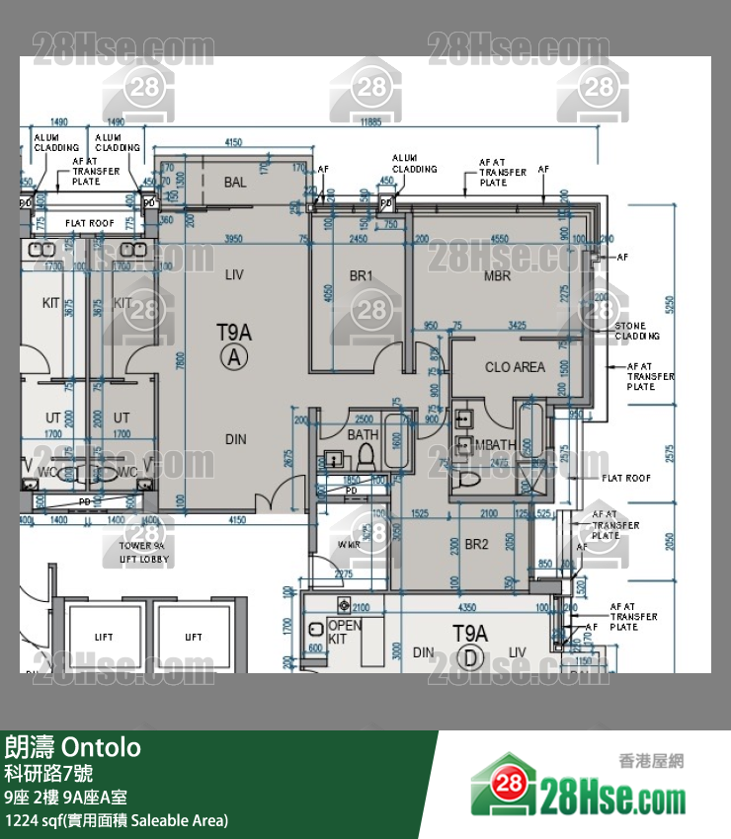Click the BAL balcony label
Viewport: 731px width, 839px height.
pyautogui.click(x=235, y=183)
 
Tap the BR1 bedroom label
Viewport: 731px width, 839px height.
pyautogui.click(x=361, y=276)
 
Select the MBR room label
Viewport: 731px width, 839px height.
pyautogui.click(x=497, y=276)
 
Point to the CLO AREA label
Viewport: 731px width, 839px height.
pyautogui.click(x=515, y=367)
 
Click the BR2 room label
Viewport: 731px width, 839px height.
pyautogui.click(x=477, y=545)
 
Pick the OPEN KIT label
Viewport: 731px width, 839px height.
pyautogui.click(x=344, y=632)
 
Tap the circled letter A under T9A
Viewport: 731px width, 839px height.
pyautogui.click(x=234, y=358)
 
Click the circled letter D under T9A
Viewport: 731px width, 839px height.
pyautogui.click(x=470, y=657)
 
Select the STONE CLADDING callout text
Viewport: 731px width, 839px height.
pyautogui.click(x=630, y=331)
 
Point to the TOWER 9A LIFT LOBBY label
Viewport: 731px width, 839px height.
pyautogui.click(x=143, y=552)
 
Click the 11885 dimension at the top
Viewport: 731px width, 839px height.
pyautogui.click(x=370, y=122)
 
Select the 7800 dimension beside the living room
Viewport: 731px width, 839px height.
pyautogui.click(x=180, y=361)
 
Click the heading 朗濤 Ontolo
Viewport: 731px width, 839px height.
pyautogui.click(x=72, y=747)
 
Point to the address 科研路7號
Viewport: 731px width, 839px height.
pyautogui.click(x=48, y=773)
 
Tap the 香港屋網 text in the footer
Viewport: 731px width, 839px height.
pyautogui.click(x=651, y=761)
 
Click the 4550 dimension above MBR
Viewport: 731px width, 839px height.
pyautogui.click(x=500, y=239)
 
